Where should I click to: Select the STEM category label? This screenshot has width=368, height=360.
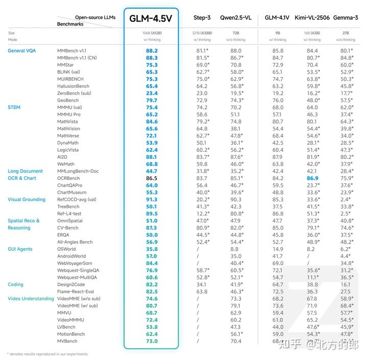14,107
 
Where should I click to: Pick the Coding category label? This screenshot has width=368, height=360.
15,284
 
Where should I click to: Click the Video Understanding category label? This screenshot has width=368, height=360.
31,299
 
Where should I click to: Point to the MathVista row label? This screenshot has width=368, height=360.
68,122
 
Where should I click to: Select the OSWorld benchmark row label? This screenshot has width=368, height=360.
67,249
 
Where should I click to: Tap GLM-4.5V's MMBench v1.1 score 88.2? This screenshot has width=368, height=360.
152,51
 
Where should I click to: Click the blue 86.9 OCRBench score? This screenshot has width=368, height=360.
312,178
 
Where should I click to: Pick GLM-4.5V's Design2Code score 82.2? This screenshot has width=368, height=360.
152,284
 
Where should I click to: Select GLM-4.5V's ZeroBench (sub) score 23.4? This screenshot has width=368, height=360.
152,93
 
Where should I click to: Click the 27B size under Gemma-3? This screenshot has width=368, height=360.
346,33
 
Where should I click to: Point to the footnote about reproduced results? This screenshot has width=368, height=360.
48,354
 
